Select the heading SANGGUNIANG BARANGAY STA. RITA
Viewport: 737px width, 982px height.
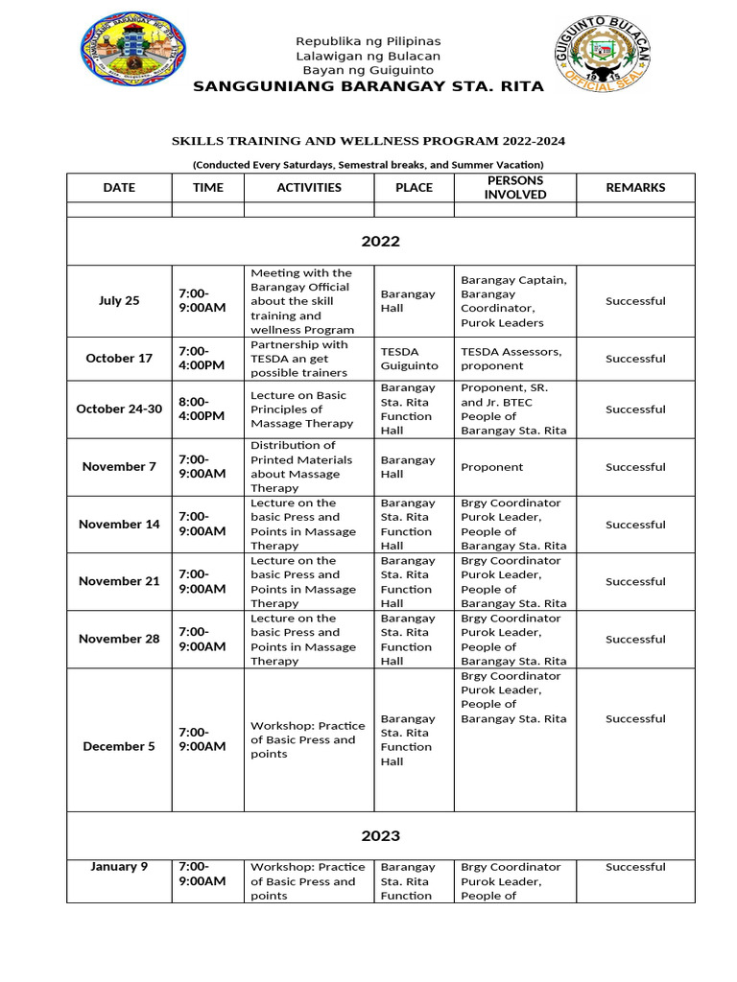[x=368, y=86]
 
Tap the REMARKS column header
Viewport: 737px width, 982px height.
[x=635, y=188]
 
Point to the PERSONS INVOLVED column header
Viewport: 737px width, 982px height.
[x=514, y=187]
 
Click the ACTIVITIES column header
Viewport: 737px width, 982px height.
[x=309, y=188]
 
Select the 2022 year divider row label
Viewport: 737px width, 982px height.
[x=381, y=242]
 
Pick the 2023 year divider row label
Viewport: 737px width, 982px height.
[x=381, y=835]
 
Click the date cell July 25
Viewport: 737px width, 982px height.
[x=119, y=301]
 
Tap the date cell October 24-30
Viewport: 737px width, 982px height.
[x=119, y=409]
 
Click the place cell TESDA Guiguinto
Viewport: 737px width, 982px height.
[x=409, y=359]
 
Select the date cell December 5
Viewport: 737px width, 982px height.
[x=119, y=746]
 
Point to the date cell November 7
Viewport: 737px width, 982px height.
[x=119, y=467]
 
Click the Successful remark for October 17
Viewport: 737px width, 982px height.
[x=635, y=359]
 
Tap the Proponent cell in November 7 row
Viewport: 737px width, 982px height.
[x=492, y=467]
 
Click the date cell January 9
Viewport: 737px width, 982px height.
[x=119, y=867]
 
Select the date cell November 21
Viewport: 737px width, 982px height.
[x=119, y=581]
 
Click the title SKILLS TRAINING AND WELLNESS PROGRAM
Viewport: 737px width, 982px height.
[x=368, y=141]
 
